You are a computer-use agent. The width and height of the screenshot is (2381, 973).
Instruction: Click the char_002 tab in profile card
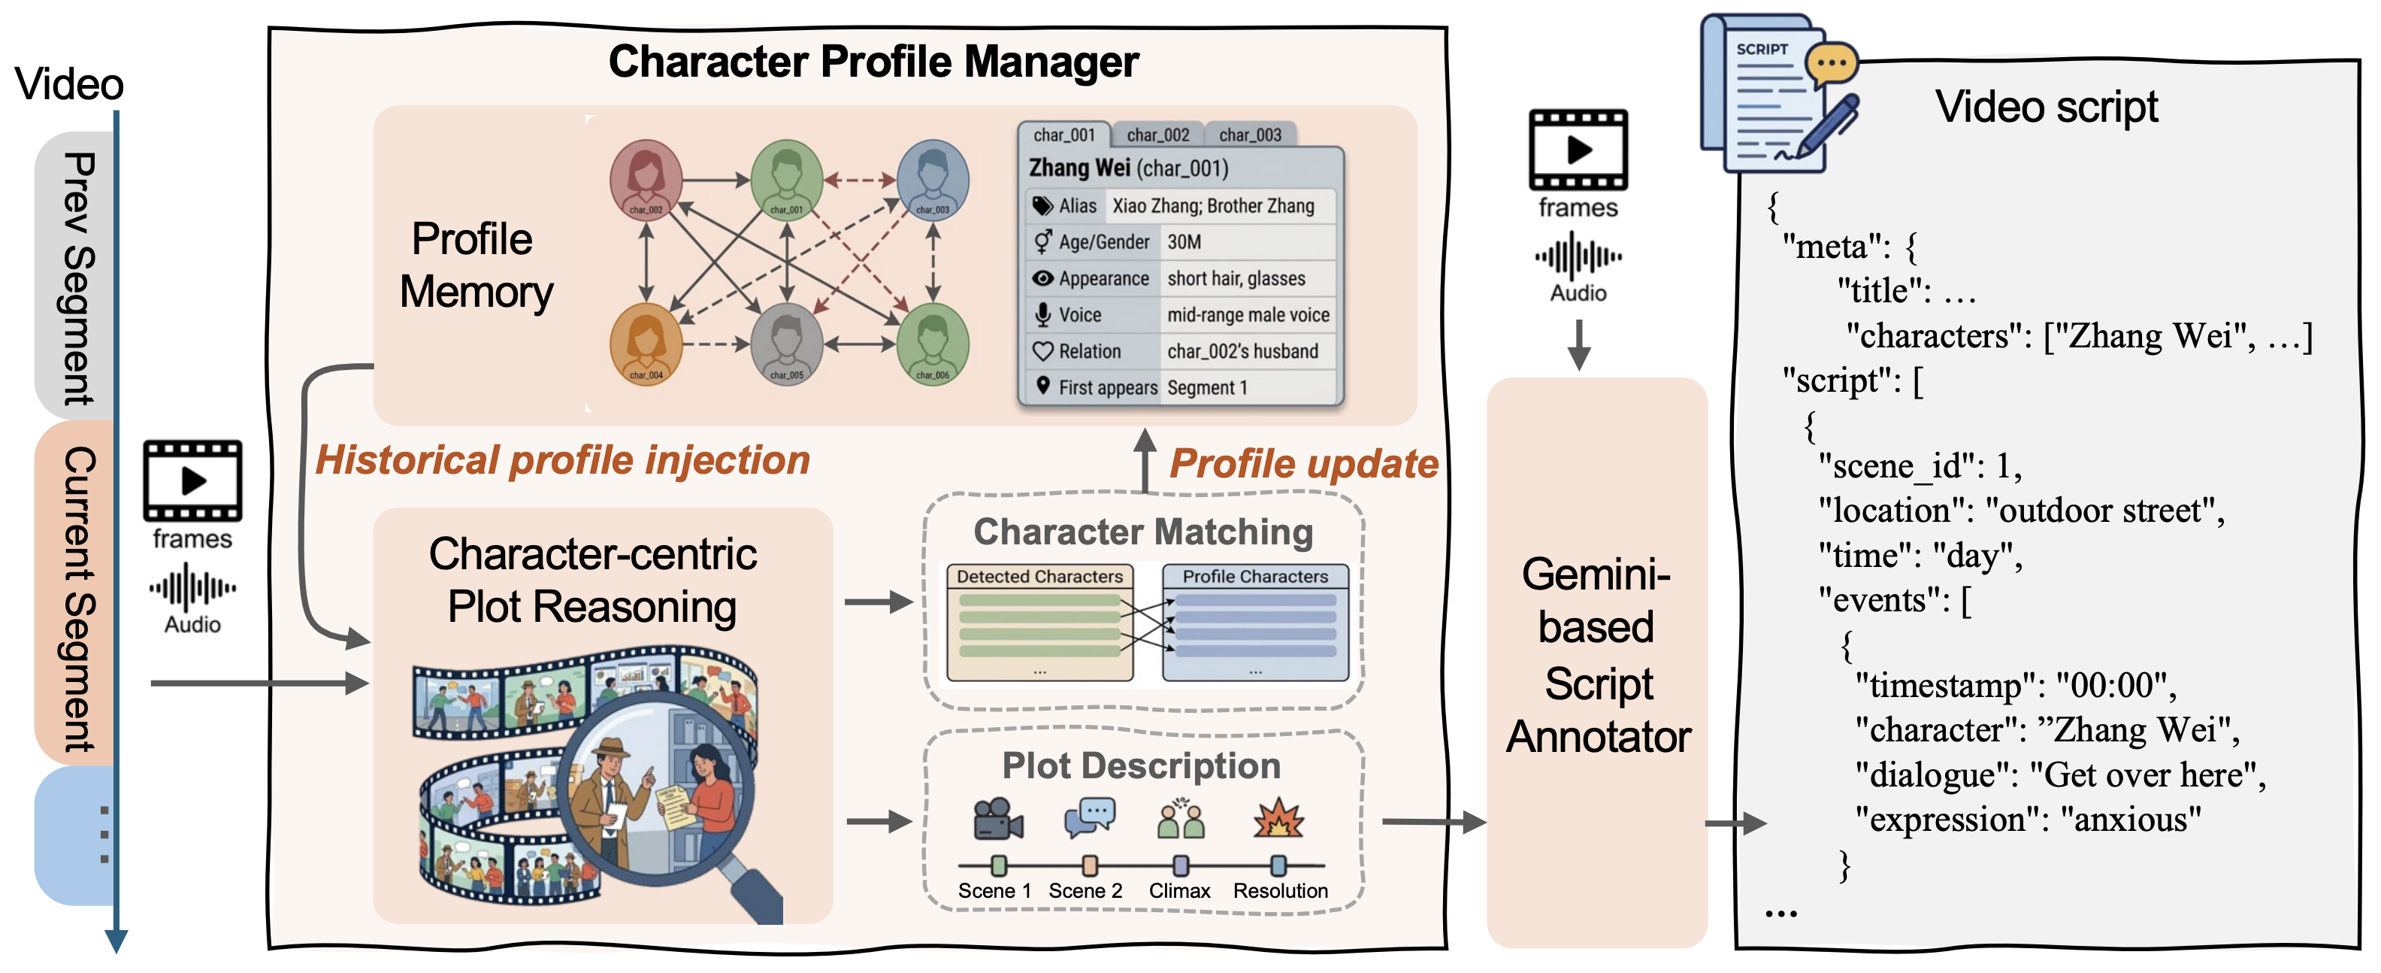click(1157, 135)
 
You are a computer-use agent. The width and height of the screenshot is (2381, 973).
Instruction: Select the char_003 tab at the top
click(1250, 135)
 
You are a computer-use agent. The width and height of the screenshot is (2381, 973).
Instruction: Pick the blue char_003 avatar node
click(933, 178)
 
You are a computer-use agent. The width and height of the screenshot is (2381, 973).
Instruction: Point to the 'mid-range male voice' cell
click(1248, 314)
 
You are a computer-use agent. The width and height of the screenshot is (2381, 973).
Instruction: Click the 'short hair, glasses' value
click(1236, 278)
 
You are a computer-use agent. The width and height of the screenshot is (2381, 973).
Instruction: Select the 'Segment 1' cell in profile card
click(1207, 387)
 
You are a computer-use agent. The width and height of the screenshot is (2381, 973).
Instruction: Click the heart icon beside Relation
click(1042, 351)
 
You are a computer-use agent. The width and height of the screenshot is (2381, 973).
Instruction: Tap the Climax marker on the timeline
click(1180, 865)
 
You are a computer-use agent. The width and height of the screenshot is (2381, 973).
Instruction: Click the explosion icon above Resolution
click(1278, 819)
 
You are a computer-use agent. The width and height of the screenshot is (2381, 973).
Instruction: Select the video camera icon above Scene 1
click(997, 819)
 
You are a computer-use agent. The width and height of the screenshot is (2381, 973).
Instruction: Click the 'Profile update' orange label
click(1303, 463)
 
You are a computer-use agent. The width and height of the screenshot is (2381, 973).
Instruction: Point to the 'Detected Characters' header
click(1040, 576)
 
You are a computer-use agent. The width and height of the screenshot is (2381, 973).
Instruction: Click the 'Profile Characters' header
click(1255, 576)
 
